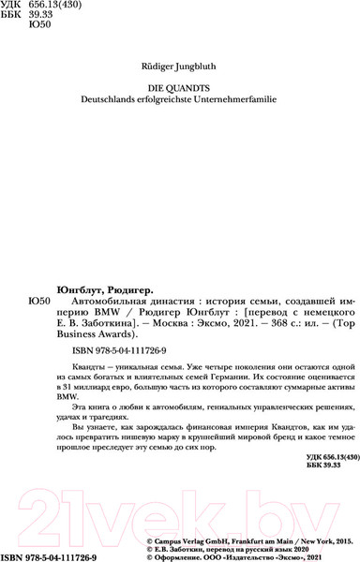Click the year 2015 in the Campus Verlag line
coord(338,540)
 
